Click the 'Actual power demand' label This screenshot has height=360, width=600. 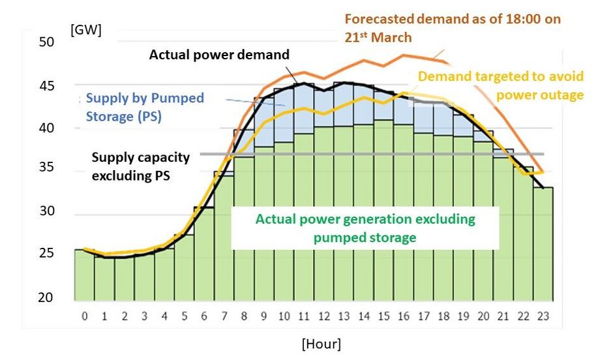point(219,55)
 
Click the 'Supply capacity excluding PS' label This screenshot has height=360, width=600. point(141,166)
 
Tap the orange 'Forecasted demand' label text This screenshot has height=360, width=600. point(452,20)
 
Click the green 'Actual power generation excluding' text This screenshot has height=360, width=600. point(365,220)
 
